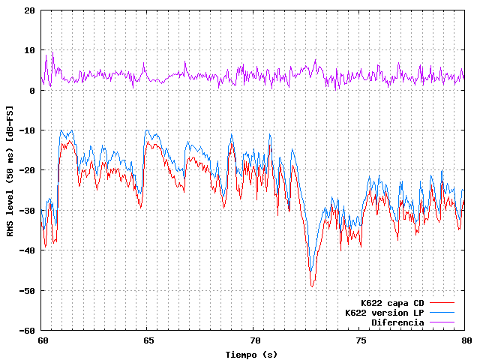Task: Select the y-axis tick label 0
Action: [31, 91]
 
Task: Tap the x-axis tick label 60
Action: [41, 340]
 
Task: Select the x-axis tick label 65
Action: [148, 340]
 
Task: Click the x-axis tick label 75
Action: [360, 340]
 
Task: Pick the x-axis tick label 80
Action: [466, 340]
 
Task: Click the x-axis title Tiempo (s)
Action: [253, 353]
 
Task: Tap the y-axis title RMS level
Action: [10, 171]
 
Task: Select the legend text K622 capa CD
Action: [392, 303]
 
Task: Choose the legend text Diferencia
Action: [397, 322]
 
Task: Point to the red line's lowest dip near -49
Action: [312, 286]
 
